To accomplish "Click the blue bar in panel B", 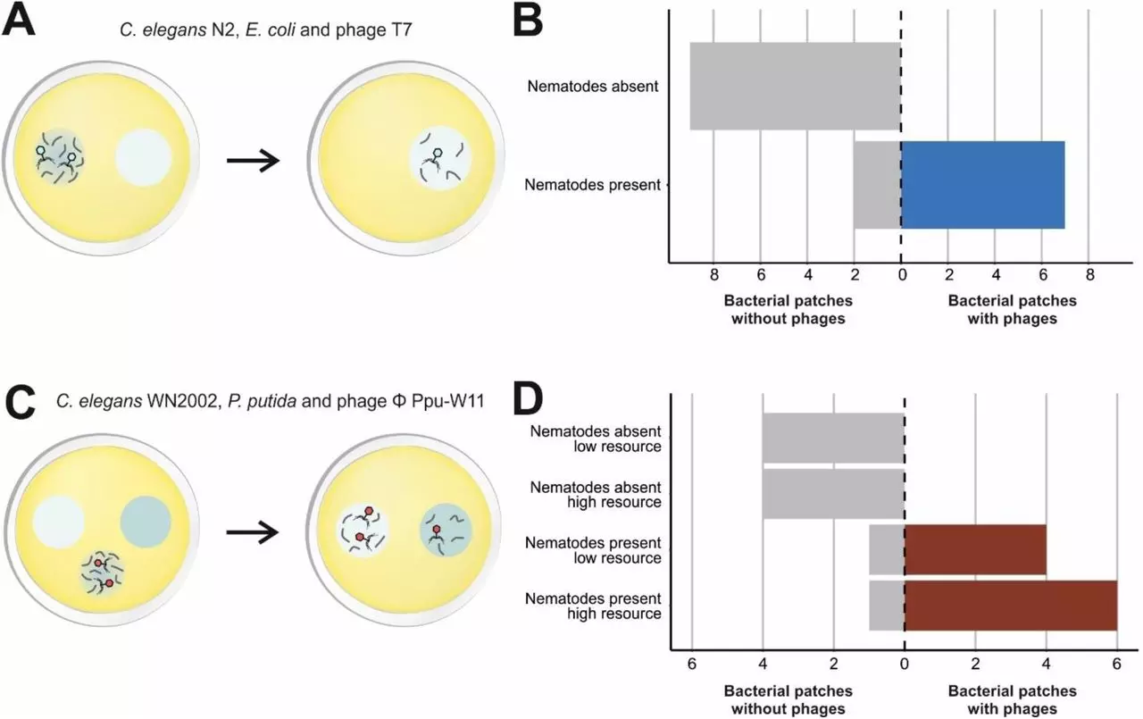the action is [983, 185].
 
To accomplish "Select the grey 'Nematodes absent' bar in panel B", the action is [796, 87].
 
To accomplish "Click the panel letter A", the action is [19, 21].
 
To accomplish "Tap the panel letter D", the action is [528, 399].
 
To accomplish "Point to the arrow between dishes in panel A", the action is [254, 161].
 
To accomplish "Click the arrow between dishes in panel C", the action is [253, 532].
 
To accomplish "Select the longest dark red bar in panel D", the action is [1011, 606].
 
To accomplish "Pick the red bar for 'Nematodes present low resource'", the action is [976, 549].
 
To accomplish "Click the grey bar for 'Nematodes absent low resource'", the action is [834, 438].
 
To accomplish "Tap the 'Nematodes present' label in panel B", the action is [592, 185].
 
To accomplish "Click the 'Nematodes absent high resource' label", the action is [596, 495].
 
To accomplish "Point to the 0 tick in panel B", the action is [902, 275].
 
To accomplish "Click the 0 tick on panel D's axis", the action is [905, 664].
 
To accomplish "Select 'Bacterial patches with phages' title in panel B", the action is [1013, 310].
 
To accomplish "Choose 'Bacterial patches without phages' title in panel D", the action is [788, 699].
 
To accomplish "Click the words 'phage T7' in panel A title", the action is [374, 30].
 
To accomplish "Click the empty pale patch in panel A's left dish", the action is [144, 158].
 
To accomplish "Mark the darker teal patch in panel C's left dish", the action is [146, 522].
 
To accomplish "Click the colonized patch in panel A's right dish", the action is [440, 159].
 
